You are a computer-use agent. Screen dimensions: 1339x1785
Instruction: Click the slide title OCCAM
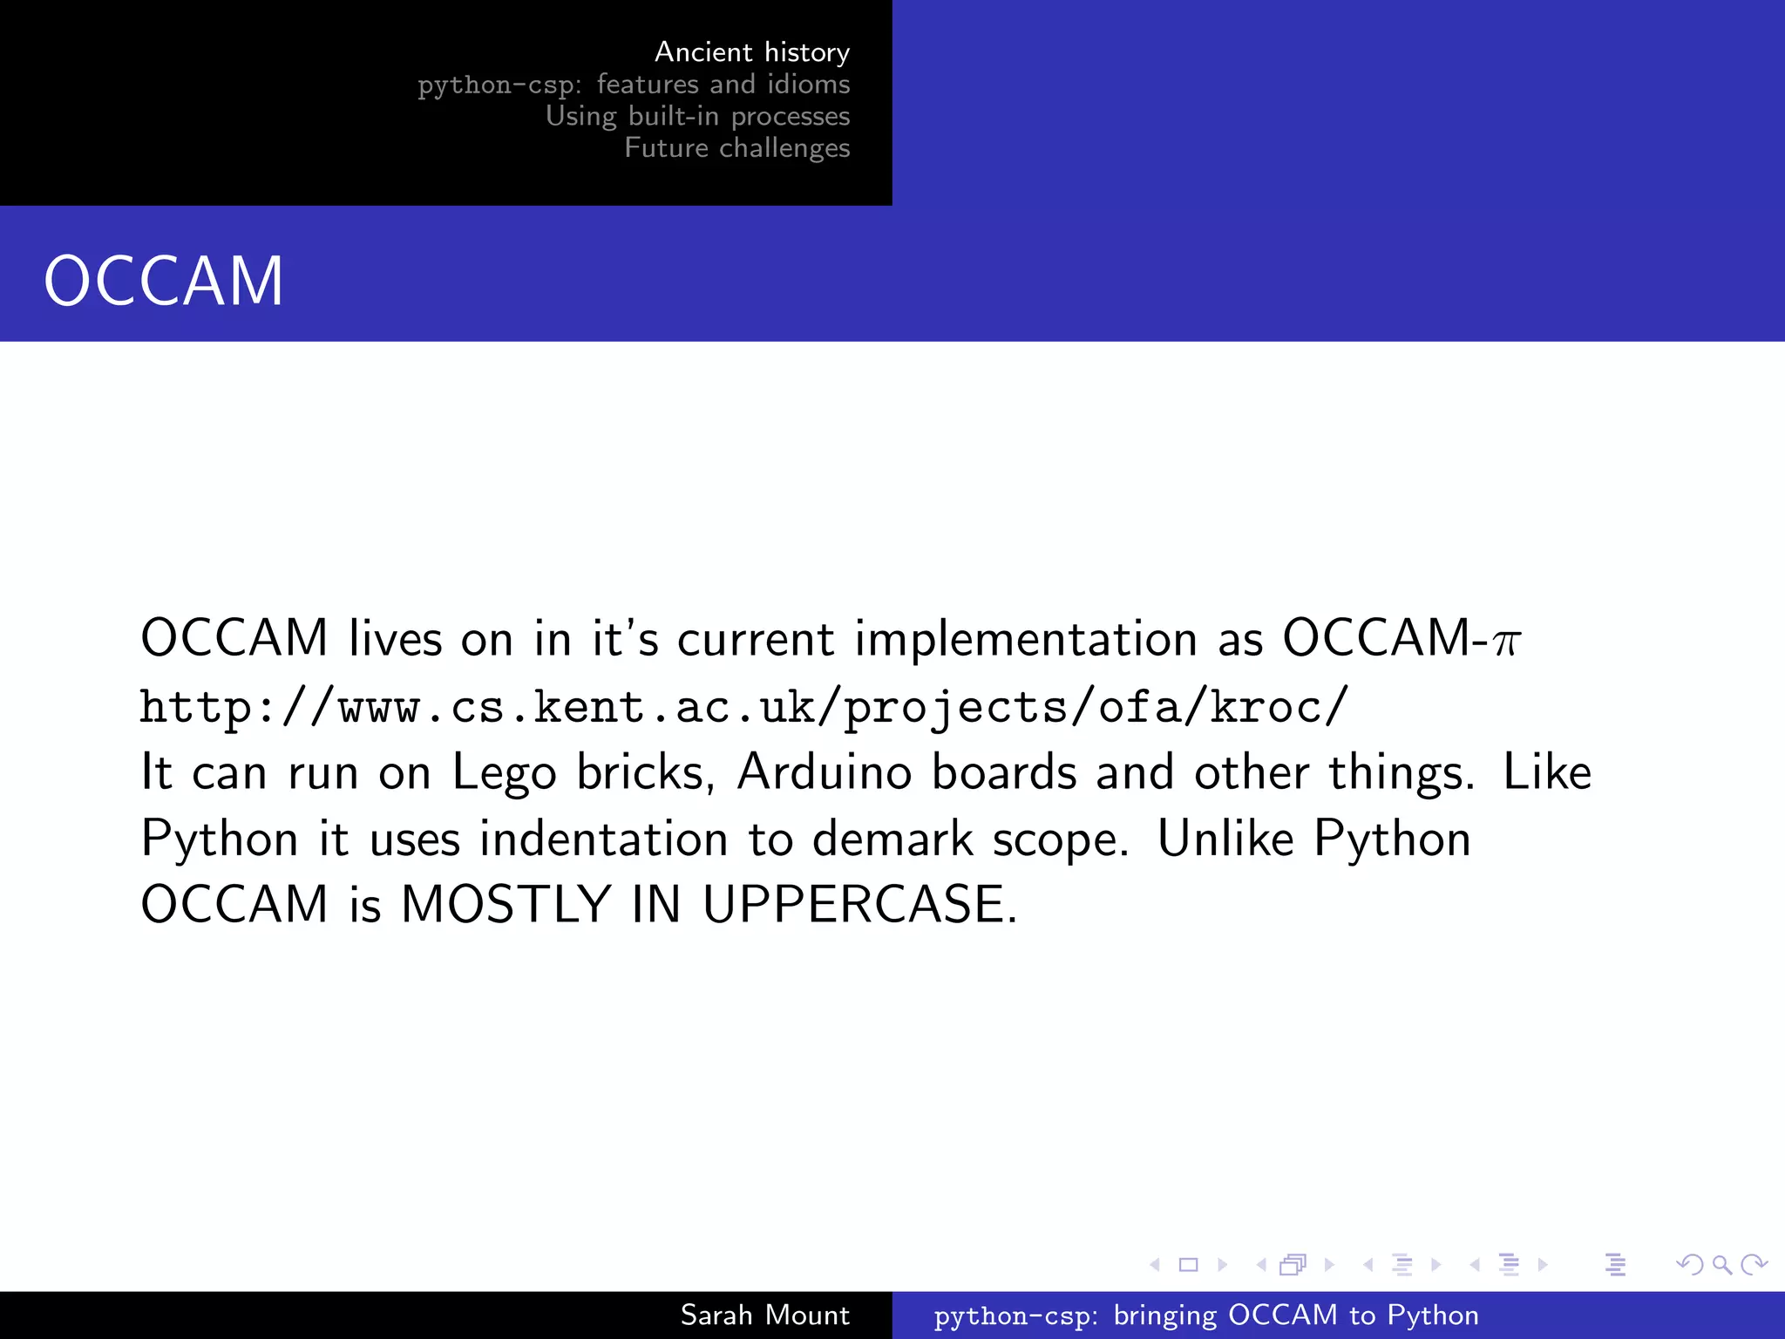164,281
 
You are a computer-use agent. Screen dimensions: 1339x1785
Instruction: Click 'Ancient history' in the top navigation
751,52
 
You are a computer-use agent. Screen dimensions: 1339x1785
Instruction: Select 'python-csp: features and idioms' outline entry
633,85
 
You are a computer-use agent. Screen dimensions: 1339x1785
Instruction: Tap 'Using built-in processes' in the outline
697,116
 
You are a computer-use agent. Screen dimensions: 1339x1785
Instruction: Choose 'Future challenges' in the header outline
736,148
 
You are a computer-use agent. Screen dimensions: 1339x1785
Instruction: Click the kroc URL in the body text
743,707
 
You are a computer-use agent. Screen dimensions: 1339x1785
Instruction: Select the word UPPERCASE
859,904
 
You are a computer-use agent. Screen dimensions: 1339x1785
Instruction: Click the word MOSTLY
506,904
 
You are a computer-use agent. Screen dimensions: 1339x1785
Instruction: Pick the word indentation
603,839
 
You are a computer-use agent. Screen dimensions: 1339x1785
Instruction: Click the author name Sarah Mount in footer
764,1315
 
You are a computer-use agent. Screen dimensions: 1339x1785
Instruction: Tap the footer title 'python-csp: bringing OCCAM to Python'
1206,1315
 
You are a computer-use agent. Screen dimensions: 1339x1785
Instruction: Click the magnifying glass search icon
1721,1264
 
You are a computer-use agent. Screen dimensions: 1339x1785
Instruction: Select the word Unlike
1225,839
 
